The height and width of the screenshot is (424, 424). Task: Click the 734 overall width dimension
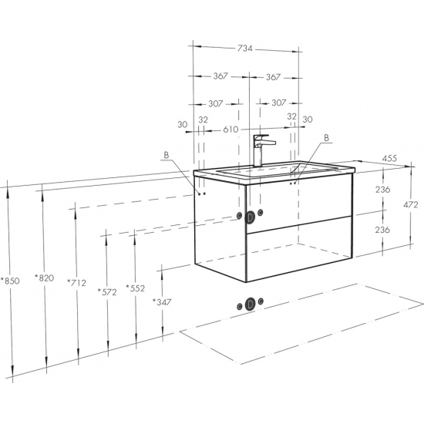tap(244, 49)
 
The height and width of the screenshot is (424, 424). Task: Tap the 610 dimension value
tap(231, 130)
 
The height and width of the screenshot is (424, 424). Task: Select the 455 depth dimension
tap(389, 158)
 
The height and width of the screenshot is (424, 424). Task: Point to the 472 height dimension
tap(410, 205)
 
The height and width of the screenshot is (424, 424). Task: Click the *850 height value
tap(10, 281)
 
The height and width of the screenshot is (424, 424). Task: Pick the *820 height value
tap(45, 278)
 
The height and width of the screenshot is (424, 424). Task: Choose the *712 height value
tap(76, 283)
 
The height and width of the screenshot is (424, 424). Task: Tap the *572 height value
tap(107, 292)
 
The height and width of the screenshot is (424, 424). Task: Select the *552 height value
tap(136, 288)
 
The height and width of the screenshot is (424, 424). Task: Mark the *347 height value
tap(162, 301)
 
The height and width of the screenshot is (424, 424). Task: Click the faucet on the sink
tap(261, 150)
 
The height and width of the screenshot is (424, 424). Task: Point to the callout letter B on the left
tap(167, 155)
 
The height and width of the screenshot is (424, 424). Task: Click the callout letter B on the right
tap(326, 138)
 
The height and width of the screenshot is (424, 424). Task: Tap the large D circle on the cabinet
tap(250, 217)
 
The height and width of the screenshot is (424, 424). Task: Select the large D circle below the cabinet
tap(250, 305)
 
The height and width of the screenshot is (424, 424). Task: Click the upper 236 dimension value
tap(382, 190)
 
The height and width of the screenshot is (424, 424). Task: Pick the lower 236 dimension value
tap(382, 230)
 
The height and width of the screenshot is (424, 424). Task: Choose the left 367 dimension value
tap(220, 76)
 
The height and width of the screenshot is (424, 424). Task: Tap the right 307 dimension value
tap(278, 103)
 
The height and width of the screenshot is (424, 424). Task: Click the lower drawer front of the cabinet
tap(299, 249)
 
